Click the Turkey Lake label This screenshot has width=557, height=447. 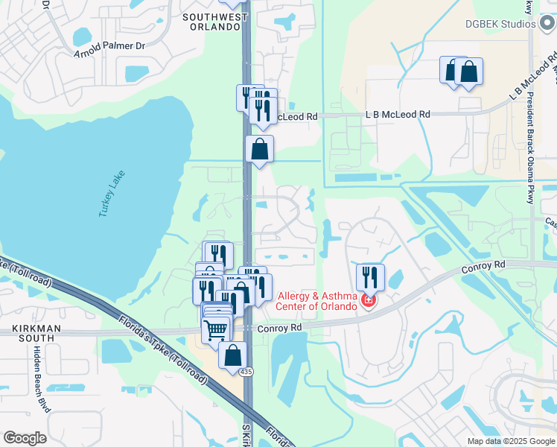tap(112, 194)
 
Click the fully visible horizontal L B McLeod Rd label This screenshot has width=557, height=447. tap(398, 115)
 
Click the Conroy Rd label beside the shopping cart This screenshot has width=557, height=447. tap(279, 327)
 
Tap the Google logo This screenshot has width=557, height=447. tap(25, 438)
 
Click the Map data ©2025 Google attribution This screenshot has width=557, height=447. tap(511, 441)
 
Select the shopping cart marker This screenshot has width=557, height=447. tap(215, 328)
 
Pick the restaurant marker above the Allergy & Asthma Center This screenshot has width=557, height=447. tap(370, 277)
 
